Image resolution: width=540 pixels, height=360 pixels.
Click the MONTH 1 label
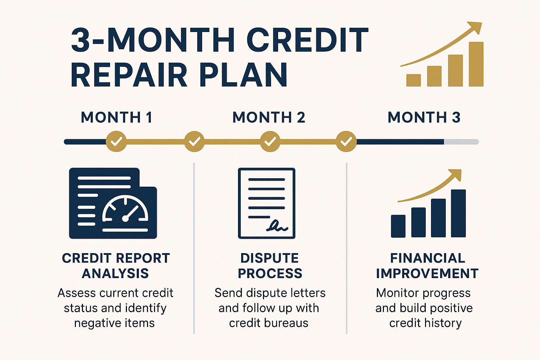pyautogui.click(x=116, y=117)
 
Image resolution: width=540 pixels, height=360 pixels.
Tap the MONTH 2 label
pyautogui.click(x=269, y=117)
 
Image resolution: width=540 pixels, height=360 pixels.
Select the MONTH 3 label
pyautogui.click(x=424, y=117)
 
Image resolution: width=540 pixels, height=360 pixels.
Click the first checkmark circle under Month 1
pyautogui.click(x=116, y=141)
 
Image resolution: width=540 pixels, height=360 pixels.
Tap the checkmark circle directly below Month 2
pyautogui.click(x=270, y=141)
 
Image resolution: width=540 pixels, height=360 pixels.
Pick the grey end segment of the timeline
pyautogui.click(x=461, y=142)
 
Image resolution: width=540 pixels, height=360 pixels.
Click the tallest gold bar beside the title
pyautogui.click(x=476, y=64)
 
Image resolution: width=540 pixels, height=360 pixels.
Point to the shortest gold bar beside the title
pyautogui.click(x=414, y=80)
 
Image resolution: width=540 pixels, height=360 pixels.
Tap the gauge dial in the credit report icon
pyautogui.click(x=125, y=208)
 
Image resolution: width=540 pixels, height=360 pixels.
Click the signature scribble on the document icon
pyautogui.click(x=277, y=226)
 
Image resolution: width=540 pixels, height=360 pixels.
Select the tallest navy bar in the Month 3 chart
pyautogui.click(x=458, y=213)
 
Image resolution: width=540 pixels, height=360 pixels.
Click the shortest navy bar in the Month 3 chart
pyautogui.click(x=398, y=226)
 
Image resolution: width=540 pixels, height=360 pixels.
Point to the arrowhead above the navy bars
pyautogui.click(x=455, y=175)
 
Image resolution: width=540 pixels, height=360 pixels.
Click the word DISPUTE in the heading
pyautogui.click(x=270, y=258)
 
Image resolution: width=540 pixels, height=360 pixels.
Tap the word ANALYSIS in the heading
pyautogui.click(x=115, y=274)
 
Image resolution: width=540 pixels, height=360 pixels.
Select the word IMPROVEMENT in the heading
pyautogui.click(x=427, y=274)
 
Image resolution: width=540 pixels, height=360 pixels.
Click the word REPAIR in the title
pyautogui.click(x=129, y=75)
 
